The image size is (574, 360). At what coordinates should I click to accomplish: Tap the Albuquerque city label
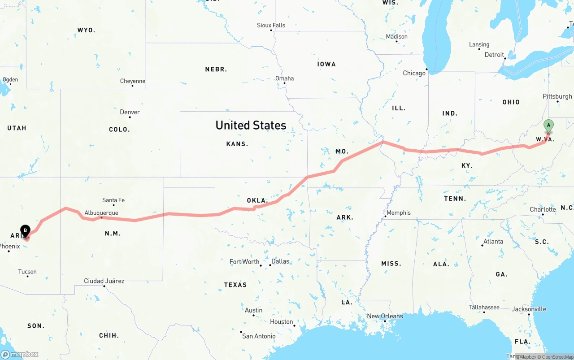click(x=101, y=213)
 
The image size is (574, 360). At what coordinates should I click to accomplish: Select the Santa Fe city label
click(x=113, y=200)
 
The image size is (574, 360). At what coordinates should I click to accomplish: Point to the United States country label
click(x=251, y=125)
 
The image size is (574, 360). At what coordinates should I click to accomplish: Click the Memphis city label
click(x=399, y=213)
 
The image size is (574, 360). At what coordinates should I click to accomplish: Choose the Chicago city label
click(x=414, y=73)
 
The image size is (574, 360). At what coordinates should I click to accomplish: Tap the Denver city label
click(x=130, y=112)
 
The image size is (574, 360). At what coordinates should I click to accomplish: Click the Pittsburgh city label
click(x=557, y=96)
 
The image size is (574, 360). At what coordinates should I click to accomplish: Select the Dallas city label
click(x=280, y=261)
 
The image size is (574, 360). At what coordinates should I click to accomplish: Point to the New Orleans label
click(x=385, y=316)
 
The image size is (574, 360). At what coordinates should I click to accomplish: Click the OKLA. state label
click(x=257, y=200)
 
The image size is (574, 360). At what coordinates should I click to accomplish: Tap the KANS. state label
click(x=237, y=144)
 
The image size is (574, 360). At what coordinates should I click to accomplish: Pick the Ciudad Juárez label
click(x=104, y=281)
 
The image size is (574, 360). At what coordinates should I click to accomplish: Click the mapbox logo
click(x=20, y=354)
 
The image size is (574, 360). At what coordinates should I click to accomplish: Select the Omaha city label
click(x=284, y=78)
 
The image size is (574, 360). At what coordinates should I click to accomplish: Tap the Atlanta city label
click(x=493, y=242)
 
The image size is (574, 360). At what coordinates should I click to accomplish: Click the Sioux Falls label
click(x=271, y=26)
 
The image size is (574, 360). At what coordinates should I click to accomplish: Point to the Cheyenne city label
click(x=132, y=81)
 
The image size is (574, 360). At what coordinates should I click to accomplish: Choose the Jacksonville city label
click(x=529, y=309)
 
